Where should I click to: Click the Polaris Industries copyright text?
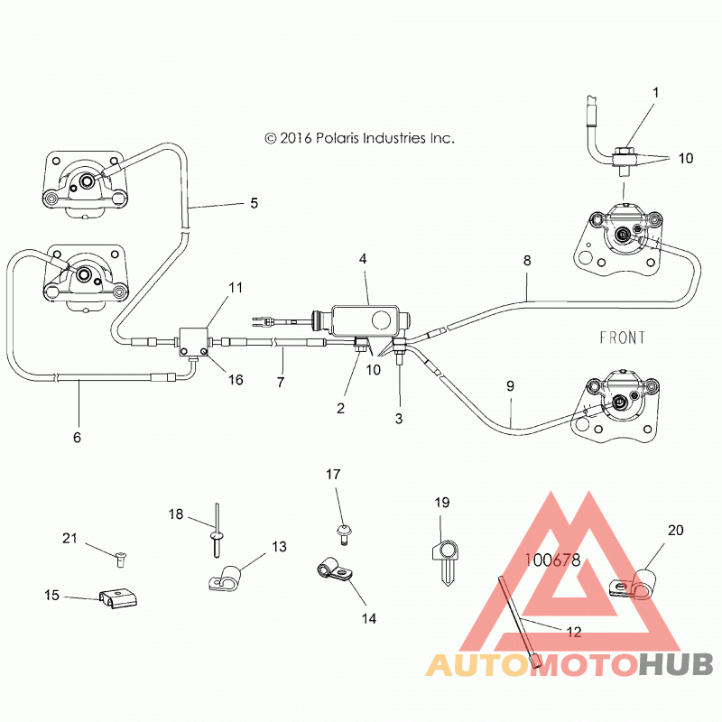[x=359, y=138]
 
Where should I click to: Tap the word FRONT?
[x=622, y=338]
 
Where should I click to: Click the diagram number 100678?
[x=553, y=560]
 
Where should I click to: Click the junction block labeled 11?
[x=193, y=343]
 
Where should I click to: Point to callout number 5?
[x=255, y=203]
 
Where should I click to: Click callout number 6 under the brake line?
[x=77, y=437]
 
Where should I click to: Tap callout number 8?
[x=527, y=261]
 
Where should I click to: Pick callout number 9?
[x=510, y=386]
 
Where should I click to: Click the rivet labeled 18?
[x=217, y=531]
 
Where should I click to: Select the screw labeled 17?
[x=343, y=535]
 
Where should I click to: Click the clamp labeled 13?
[x=224, y=578]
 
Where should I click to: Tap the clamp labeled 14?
[x=335, y=569]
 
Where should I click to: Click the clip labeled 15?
[x=119, y=597]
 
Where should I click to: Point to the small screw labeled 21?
[x=121, y=559]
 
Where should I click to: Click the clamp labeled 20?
[x=633, y=585]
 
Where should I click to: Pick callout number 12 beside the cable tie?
[x=574, y=632]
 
